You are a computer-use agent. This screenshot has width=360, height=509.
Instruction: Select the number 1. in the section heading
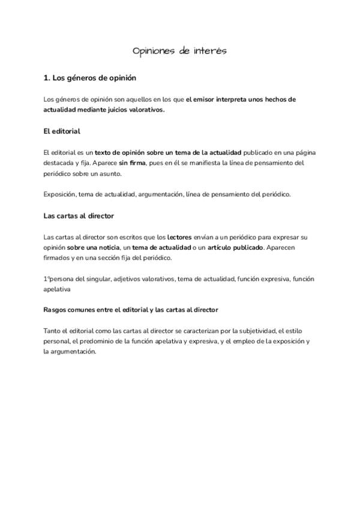[47, 78]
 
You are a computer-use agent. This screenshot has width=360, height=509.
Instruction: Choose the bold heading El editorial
[62, 131]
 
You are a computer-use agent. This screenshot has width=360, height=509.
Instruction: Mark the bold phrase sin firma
[133, 163]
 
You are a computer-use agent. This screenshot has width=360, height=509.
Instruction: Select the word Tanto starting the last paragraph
[53, 331]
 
